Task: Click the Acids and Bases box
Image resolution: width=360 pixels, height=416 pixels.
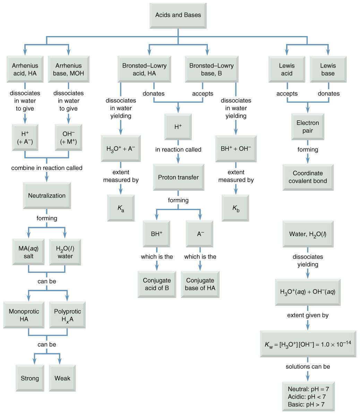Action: [x=178, y=15]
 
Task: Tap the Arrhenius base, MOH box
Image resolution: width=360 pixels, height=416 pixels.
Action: [x=69, y=69]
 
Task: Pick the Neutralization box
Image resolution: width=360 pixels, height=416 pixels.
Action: [x=47, y=196]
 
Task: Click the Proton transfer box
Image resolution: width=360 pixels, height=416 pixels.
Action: [x=178, y=177]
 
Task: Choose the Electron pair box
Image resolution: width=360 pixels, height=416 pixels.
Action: [x=308, y=127]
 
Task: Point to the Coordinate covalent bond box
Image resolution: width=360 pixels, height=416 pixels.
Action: [x=308, y=177]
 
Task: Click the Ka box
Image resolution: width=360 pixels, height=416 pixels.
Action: [x=120, y=208]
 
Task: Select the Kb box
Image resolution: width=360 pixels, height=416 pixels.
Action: [x=235, y=208]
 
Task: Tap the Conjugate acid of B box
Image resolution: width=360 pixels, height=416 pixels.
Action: [x=157, y=284]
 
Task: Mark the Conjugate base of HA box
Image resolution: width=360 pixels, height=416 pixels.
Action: [x=200, y=284]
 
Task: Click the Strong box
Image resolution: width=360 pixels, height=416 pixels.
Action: [x=30, y=378]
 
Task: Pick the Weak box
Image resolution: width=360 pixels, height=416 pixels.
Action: [x=62, y=378]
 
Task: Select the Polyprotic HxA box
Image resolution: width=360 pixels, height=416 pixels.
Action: [x=67, y=315]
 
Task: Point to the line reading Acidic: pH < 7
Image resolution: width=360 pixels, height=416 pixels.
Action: [x=307, y=397]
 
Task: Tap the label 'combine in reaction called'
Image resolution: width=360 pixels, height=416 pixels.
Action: [x=47, y=168]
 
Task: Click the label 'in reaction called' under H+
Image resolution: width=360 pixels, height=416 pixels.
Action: [x=178, y=149]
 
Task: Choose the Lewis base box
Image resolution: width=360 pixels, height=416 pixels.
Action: [x=328, y=69]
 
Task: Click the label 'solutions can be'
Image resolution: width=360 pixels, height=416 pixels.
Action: [x=308, y=366]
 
